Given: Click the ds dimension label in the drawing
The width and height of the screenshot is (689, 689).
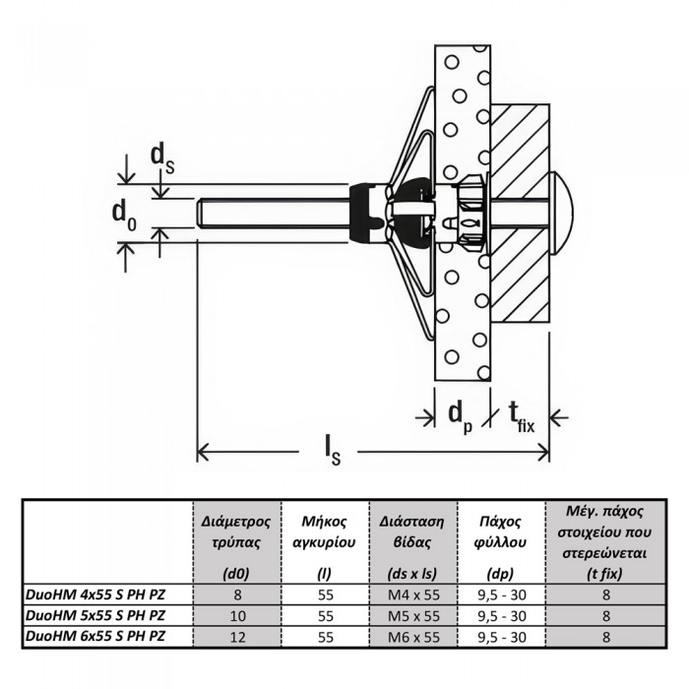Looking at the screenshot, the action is tap(162, 158).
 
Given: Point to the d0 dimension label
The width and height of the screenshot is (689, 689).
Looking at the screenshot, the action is tap(124, 216).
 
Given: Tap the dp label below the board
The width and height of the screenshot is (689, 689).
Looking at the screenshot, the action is tap(461, 417).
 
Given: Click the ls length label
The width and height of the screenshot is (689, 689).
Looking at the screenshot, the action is tap(333, 451).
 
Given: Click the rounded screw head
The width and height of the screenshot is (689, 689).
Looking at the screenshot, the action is tap(562, 215).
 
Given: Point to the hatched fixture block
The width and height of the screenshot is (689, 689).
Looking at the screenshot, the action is tap(520, 214).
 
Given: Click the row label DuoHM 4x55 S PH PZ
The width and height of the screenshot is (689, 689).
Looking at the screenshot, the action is tap(95, 595).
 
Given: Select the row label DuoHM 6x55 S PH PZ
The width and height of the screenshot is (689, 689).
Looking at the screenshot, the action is tap(95, 636).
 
